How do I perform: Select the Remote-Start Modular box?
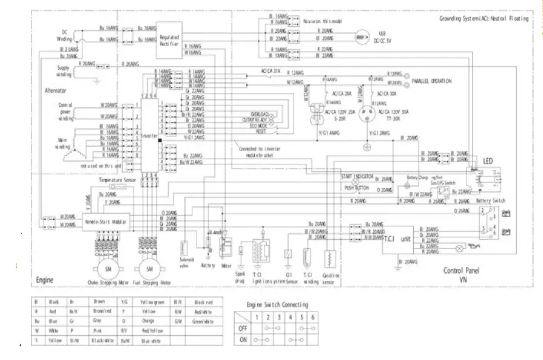click(106, 222)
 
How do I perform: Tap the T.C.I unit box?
click(398, 239)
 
